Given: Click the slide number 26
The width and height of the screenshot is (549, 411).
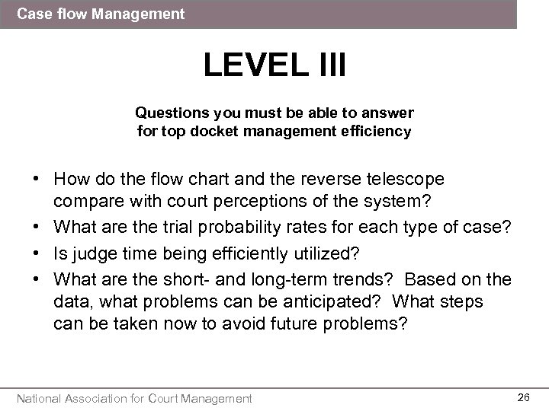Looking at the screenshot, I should pyautogui.click(x=523, y=397).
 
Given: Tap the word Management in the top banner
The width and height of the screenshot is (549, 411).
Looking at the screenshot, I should pyautogui.click(x=144, y=14).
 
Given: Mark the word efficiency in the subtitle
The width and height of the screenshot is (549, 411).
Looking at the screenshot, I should pyautogui.click(x=375, y=131).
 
